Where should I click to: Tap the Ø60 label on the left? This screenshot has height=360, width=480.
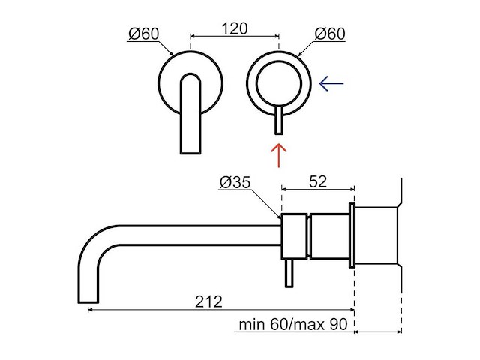142,34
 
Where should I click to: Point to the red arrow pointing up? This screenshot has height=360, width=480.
278,156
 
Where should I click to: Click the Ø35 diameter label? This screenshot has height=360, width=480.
235,184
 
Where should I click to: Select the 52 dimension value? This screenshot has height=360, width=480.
319,181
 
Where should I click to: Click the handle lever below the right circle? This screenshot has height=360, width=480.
278,120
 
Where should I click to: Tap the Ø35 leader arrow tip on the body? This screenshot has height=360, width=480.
280,218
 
